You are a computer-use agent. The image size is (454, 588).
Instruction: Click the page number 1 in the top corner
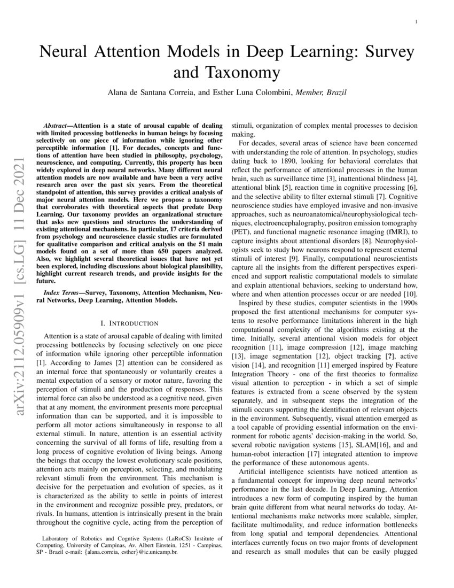[x=416, y=22]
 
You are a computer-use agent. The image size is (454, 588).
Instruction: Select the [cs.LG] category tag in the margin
[x=17, y=242]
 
